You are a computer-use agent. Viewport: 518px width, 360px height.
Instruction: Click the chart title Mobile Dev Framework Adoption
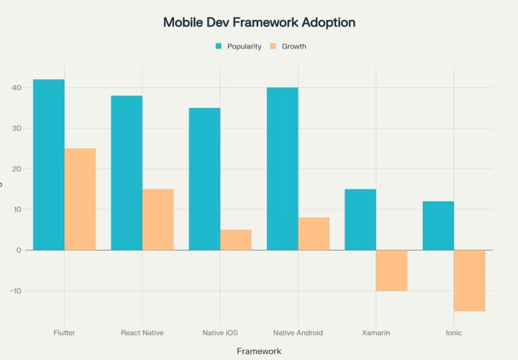click(x=259, y=22)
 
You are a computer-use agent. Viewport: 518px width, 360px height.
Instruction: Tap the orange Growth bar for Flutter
click(x=80, y=199)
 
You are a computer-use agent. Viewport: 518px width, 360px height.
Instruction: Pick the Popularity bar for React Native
click(x=127, y=173)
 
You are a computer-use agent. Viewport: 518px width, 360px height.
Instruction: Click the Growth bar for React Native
click(x=158, y=219)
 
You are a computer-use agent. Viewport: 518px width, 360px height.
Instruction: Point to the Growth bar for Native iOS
click(x=236, y=240)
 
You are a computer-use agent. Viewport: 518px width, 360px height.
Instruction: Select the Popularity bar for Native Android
click(x=283, y=168)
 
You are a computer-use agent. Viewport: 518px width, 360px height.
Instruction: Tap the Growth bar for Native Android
click(x=314, y=233)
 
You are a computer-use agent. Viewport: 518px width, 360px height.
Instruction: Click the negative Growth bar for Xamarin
click(x=391, y=270)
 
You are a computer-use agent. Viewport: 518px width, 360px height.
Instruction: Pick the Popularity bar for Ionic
click(x=438, y=225)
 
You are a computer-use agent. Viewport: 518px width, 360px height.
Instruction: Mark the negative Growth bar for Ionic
click(x=470, y=280)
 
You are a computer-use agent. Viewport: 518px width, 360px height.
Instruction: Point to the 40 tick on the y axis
click(x=17, y=88)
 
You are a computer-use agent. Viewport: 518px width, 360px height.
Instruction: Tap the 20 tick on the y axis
click(x=17, y=169)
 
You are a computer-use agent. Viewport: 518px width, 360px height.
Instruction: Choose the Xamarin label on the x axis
click(x=376, y=333)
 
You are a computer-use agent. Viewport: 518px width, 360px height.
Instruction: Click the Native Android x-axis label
click(x=298, y=333)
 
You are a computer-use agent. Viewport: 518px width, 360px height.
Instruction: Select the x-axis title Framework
click(x=259, y=351)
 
